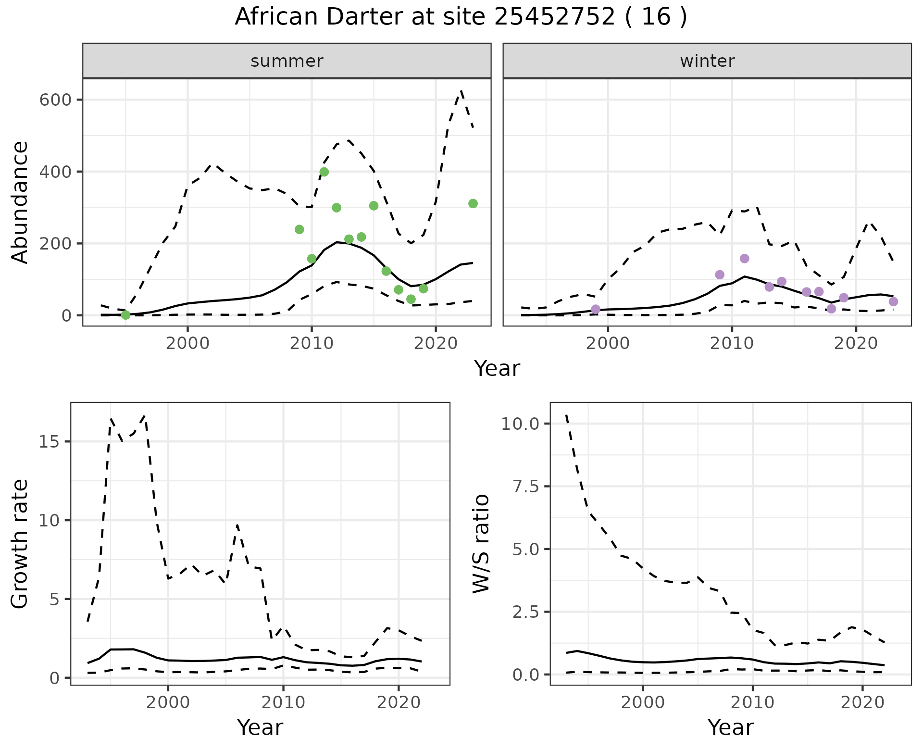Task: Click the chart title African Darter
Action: click(461, 17)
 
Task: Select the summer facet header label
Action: click(287, 61)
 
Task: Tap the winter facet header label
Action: click(707, 61)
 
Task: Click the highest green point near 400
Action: click(324, 172)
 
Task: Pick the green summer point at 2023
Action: click(473, 204)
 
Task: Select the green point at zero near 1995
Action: click(125, 315)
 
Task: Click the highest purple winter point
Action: click(745, 259)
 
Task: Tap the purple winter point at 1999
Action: click(596, 309)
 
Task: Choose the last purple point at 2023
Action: click(893, 302)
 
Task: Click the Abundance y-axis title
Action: click(20, 202)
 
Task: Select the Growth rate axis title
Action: click(20, 544)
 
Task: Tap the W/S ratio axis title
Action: click(481, 544)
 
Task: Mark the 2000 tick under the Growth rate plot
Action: click(168, 703)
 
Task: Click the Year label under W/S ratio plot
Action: click(730, 728)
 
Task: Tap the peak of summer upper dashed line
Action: click(461, 90)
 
